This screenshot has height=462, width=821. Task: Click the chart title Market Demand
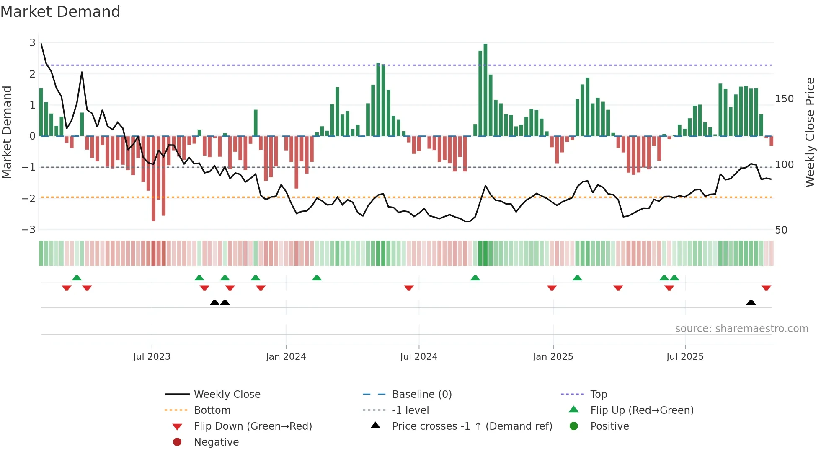point(60,11)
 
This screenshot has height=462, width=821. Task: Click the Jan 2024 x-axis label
point(286,357)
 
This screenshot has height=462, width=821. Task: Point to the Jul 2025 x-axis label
point(685,357)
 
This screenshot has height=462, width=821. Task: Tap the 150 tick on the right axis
point(784,99)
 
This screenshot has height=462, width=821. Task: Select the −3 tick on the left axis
point(28,230)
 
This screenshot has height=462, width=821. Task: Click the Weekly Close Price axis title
point(810,132)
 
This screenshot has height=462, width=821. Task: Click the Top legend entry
point(598,395)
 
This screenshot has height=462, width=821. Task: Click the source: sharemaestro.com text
point(741,329)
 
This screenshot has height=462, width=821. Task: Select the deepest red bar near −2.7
point(153,178)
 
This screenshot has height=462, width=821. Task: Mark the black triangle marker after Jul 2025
point(751,303)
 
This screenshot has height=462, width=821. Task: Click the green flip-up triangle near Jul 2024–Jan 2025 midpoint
point(475,278)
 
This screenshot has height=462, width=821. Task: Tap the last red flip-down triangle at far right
point(766,288)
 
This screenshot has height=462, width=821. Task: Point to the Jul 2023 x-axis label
point(152,357)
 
